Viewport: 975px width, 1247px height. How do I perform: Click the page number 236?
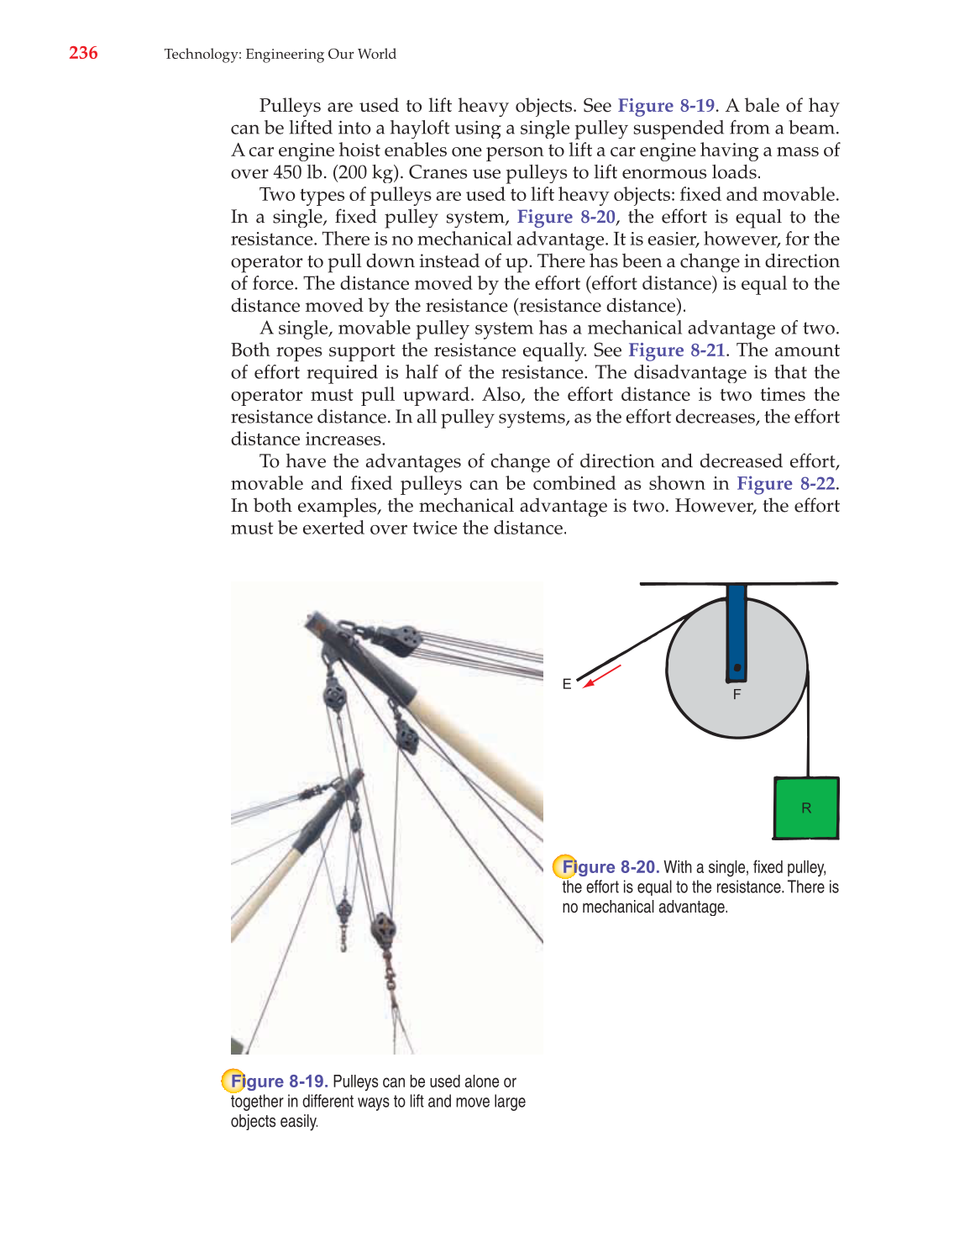point(83,53)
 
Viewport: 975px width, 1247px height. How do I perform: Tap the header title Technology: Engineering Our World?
point(280,54)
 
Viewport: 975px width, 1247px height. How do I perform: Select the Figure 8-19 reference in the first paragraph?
point(666,106)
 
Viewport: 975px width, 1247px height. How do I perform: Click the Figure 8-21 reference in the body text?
point(676,350)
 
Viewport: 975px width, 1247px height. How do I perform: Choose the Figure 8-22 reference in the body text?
point(785,484)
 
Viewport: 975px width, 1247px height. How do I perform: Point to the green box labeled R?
point(805,808)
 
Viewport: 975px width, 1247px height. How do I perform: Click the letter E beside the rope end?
point(567,684)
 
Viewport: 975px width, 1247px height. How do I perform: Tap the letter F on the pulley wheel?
point(736,694)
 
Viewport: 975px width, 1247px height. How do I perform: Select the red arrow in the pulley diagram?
point(602,676)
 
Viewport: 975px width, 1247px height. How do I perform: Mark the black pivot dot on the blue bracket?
point(736,668)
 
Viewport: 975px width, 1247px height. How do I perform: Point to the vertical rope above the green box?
point(808,731)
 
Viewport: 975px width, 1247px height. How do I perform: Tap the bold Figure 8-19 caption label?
point(279,1081)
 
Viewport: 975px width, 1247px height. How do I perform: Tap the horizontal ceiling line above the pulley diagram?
point(738,582)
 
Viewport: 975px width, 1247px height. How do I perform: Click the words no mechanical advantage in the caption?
point(644,908)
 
